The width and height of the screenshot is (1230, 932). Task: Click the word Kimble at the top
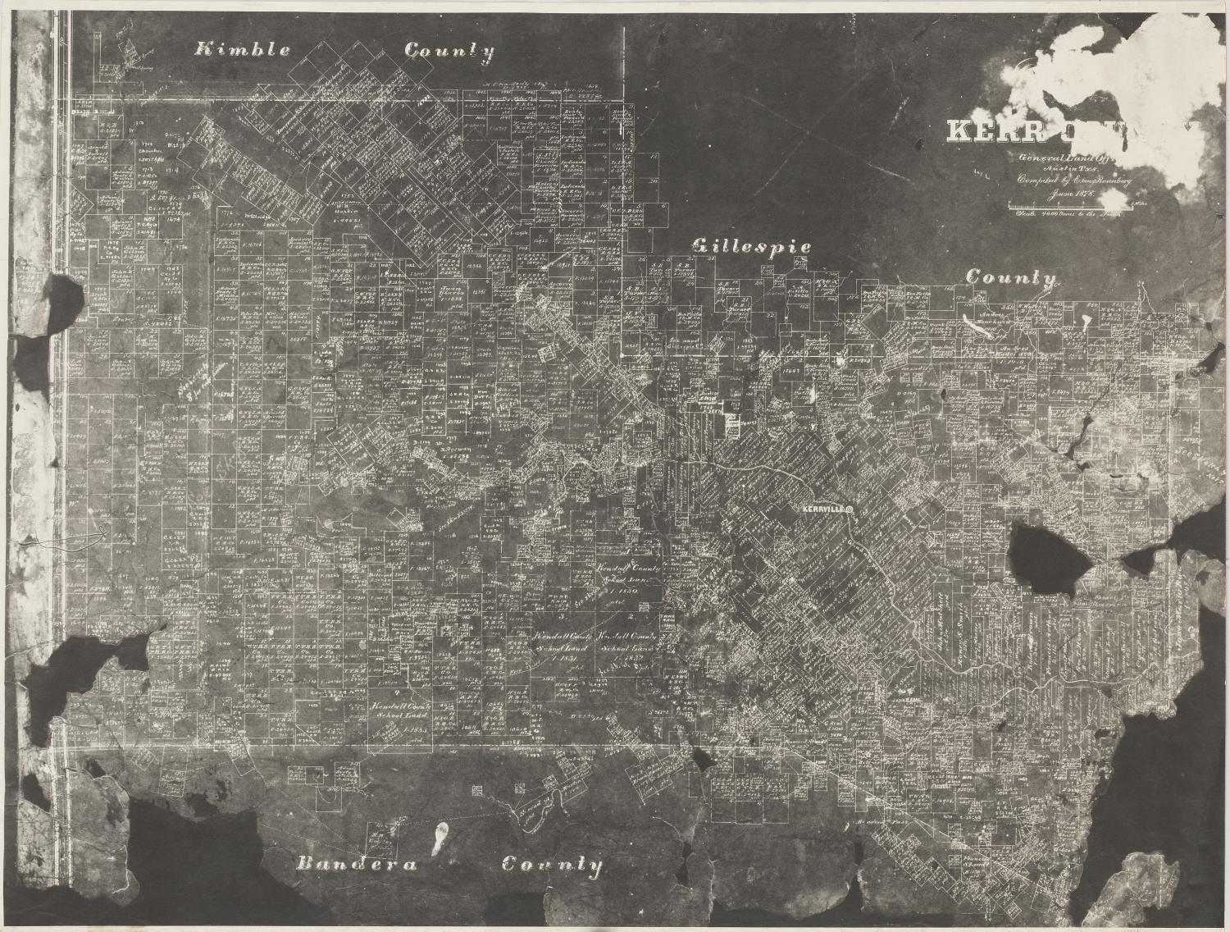(242, 50)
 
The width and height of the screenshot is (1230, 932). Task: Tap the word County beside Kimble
(450, 52)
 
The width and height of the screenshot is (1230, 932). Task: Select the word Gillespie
(752, 245)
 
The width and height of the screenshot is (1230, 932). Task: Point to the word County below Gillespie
(1010, 277)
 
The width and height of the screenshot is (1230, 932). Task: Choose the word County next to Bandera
(552, 865)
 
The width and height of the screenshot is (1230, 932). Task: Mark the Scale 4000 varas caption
(1066, 216)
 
